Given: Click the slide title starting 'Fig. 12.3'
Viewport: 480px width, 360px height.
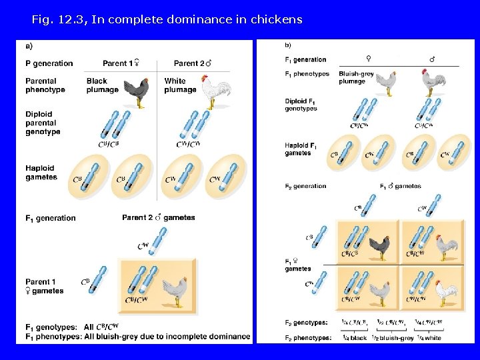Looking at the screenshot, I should point(167,19).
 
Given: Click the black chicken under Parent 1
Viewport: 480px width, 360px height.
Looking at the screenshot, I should point(137,92).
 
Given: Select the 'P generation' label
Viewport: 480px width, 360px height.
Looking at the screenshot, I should point(49,63).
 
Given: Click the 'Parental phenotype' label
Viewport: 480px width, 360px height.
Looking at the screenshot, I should point(45,85).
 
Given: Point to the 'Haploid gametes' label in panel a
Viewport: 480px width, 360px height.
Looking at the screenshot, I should point(41,173).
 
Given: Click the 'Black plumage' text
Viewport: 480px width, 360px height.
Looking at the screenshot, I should point(102,85).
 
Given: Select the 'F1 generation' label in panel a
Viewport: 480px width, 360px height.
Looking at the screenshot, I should point(51,218).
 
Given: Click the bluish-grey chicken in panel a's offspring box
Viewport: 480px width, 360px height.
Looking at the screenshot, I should point(175,290).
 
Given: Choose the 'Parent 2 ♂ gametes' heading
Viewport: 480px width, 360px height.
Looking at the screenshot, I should point(159,217).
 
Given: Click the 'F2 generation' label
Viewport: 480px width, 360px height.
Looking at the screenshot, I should point(306,186).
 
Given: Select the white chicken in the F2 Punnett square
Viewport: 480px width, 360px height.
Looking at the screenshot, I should point(443,291).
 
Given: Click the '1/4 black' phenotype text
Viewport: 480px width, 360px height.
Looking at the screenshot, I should point(355,337).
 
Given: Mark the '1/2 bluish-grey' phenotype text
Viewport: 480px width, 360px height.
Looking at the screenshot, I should point(393,337).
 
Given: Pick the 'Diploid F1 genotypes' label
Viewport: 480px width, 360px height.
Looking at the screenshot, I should point(301,105).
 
